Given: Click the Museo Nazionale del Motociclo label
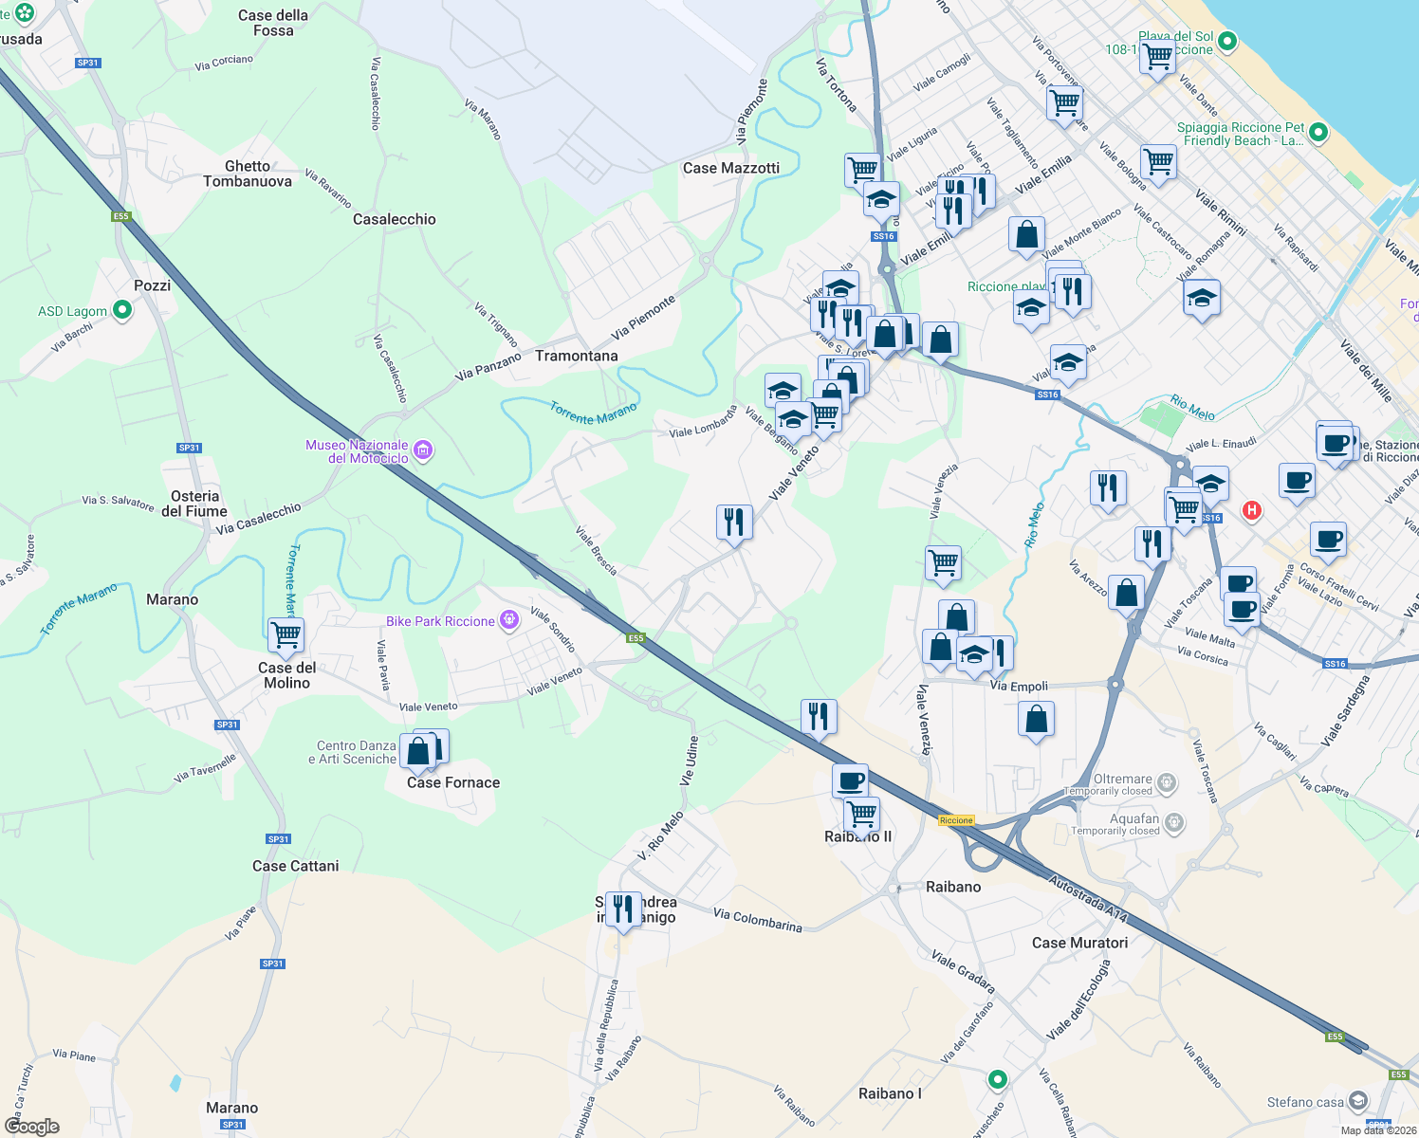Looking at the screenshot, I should (357, 451).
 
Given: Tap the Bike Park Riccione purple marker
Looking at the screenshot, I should (509, 620).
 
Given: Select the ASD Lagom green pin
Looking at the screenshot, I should (122, 310).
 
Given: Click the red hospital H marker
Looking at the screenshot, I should (1252, 510).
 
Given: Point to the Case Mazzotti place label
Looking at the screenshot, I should (730, 168).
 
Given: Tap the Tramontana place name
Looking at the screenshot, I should (576, 356).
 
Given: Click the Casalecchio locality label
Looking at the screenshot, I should (394, 219).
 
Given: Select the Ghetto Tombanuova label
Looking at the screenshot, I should (248, 174).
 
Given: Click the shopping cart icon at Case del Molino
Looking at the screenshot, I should (286, 633).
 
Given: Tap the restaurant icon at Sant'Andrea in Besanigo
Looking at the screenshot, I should (622, 909).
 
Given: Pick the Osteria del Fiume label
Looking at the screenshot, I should (194, 504).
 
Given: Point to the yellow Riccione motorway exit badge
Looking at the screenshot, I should (956, 820).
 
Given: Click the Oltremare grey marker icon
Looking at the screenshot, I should (1167, 782).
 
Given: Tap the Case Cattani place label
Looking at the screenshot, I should (295, 866).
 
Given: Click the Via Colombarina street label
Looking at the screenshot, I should (757, 920).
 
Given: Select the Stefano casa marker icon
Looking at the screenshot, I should (1357, 1100).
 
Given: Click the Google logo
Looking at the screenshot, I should (32, 1126).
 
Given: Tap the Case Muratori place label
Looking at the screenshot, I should (1079, 943).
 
